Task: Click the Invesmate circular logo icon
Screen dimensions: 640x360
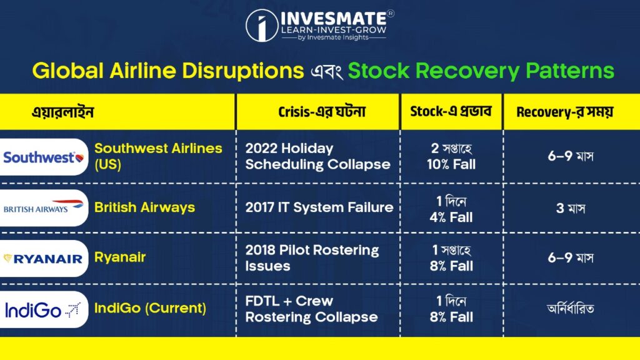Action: [x=262, y=25]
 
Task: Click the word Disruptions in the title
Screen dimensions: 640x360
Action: [x=243, y=71]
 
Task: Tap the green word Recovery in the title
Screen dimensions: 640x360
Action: [x=467, y=71]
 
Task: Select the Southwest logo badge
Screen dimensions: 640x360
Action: [x=44, y=157]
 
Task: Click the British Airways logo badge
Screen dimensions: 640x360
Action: [x=44, y=208]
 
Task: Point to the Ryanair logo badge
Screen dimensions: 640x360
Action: [x=44, y=258]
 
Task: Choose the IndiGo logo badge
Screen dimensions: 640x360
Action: [x=44, y=309]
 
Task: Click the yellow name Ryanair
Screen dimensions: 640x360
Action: [x=120, y=257]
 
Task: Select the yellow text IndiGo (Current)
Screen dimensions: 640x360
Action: [x=150, y=308]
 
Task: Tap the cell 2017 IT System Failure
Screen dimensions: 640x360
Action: [x=319, y=207]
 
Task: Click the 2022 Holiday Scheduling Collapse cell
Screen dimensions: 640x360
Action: [x=317, y=156]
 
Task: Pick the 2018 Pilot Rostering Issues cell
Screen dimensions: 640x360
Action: [x=312, y=258]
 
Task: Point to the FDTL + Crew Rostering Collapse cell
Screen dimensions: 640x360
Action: [x=311, y=309]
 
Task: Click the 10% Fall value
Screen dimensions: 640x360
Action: [x=451, y=164]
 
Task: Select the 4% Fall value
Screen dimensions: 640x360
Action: [x=451, y=217]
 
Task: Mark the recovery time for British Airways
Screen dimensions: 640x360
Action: [x=571, y=209]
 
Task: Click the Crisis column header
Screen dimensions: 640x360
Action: [x=322, y=112]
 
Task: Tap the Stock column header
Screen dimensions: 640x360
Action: [x=451, y=111]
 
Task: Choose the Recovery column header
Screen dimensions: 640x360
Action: [x=564, y=112]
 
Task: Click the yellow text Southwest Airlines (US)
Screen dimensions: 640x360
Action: [x=158, y=156]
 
